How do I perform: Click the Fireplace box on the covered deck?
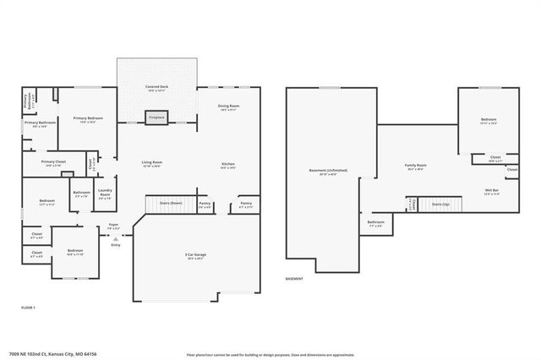pos(156,117)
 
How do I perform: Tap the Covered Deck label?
pos(157,87)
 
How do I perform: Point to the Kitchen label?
pos(228,164)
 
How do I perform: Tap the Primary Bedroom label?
pos(89,119)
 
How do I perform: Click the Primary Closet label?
pos(54,162)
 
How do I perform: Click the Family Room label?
pos(415,166)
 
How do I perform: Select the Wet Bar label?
pos(492,191)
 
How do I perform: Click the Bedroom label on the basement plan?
pos(488,119)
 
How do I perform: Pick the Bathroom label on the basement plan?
pos(375,222)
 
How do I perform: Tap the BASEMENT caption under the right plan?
pos(294,278)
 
